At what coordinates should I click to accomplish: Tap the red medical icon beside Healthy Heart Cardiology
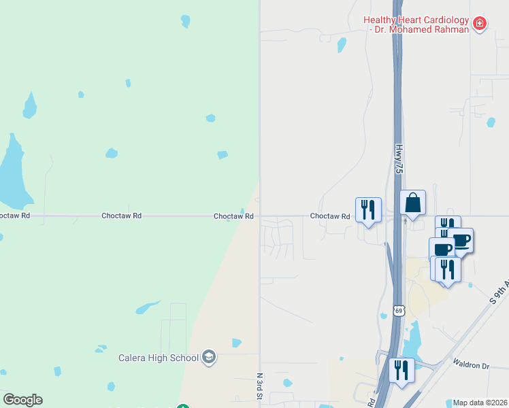[480, 24]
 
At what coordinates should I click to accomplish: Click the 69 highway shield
[399, 311]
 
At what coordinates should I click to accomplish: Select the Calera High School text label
[159, 358]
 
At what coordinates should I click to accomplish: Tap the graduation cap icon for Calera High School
[209, 358]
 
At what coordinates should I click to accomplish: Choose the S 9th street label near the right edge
[499, 290]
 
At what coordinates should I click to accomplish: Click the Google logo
[22, 400]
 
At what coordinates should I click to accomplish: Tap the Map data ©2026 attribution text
[480, 403]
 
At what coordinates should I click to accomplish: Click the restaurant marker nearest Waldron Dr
[401, 370]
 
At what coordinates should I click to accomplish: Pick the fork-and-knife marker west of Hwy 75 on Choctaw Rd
[368, 209]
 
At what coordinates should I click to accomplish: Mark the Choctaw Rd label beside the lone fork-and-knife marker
[330, 216]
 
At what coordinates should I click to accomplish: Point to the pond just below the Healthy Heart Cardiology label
[342, 46]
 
